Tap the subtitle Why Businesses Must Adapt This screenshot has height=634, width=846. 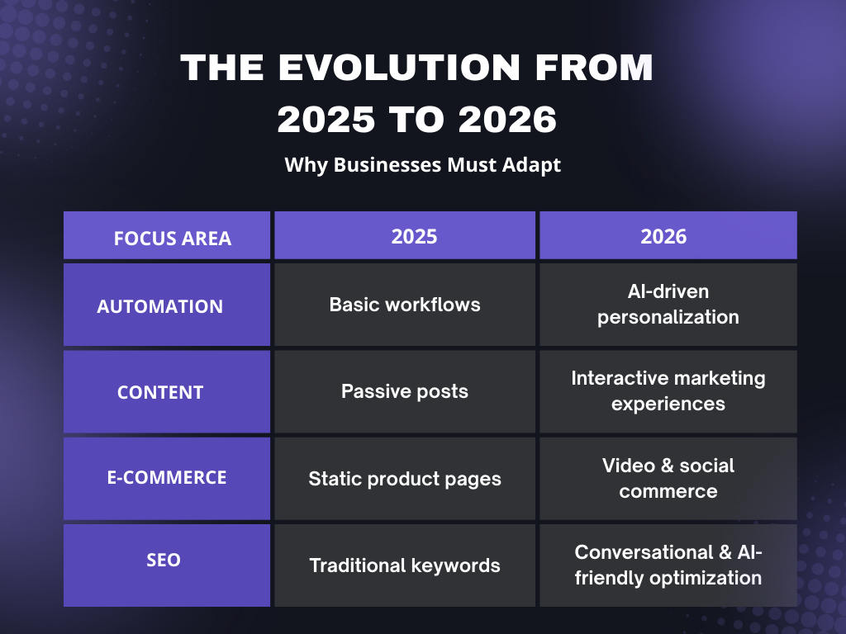pos(422,164)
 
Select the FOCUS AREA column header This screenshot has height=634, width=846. pos(172,239)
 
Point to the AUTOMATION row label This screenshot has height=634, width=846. pos(160,306)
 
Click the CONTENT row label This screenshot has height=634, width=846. pos(160,393)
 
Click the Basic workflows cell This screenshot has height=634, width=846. pos(404,305)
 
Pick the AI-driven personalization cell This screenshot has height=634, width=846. pos(668,305)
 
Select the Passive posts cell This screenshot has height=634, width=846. pos(404,391)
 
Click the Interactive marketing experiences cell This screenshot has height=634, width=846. pos(668,391)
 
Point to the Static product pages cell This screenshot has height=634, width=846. pos(404,479)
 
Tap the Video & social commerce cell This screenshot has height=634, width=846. pos(668,478)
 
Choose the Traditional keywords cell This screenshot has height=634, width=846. pos(404,565)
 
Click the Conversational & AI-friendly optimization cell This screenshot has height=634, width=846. pos(668,565)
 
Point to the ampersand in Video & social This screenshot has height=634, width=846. pos(663,466)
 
